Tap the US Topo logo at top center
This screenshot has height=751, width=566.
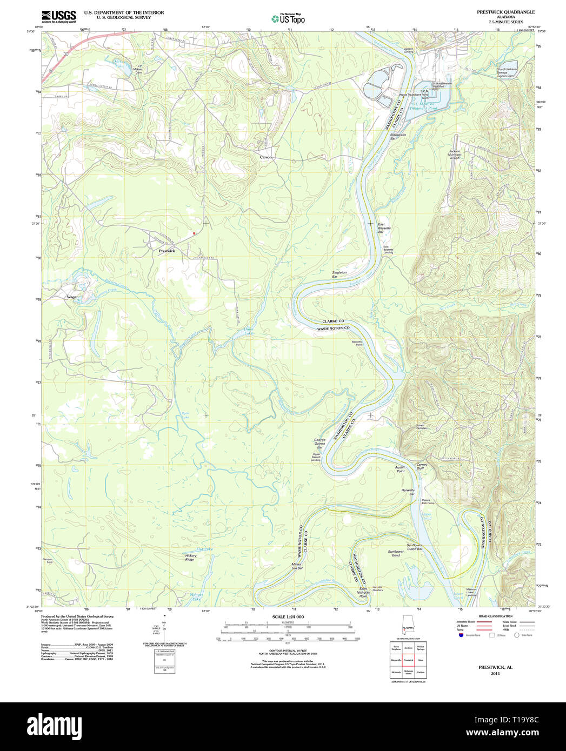coord(288,18)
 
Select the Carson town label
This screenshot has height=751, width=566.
coord(265,157)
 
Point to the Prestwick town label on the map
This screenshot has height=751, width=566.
coord(167,251)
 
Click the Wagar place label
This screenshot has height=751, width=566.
coord(72,297)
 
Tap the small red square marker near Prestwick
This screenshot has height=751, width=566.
coord(194,233)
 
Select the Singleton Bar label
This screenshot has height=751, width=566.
coord(339,274)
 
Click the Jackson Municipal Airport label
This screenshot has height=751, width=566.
coord(455,155)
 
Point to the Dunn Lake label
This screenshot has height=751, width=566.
coord(248,331)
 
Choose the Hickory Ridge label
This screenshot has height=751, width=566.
coord(190,558)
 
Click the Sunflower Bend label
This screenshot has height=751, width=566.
coord(396,553)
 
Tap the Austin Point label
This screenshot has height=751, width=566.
coord(399,469)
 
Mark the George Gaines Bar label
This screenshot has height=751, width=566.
coord(319,444)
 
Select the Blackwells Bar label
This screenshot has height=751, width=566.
coord(397,136)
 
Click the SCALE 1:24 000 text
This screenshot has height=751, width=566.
coord(288,617)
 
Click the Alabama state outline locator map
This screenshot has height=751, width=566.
coord(407,625)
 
